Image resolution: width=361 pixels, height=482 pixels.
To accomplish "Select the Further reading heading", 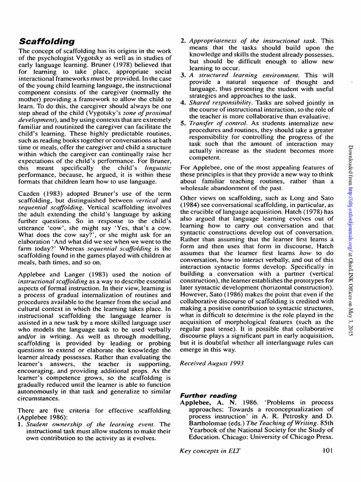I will tap(209, 395).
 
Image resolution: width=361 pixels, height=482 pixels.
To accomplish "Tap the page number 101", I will tap(328, 451).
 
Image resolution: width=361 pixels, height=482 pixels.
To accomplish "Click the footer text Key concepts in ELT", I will tap(210, 451).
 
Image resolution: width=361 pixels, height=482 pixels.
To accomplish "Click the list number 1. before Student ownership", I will tap(21, 424).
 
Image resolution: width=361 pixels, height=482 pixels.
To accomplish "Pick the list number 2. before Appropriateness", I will tap(183, 41).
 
